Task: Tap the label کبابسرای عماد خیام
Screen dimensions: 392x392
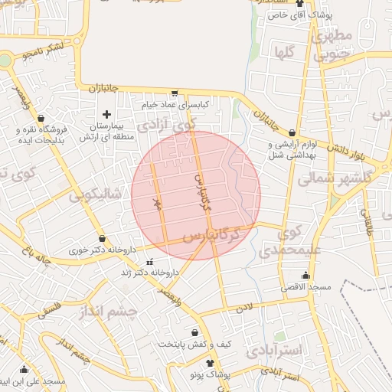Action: (x=175, y=103)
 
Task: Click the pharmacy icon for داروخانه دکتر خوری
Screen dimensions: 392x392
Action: (x=102, y=239)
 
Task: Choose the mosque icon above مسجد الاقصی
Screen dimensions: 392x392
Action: (x=306, y=276)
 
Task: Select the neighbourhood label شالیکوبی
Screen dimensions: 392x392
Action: (x=96, y=194)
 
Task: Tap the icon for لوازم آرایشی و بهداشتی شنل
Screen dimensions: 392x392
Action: (x=292, y=133)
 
